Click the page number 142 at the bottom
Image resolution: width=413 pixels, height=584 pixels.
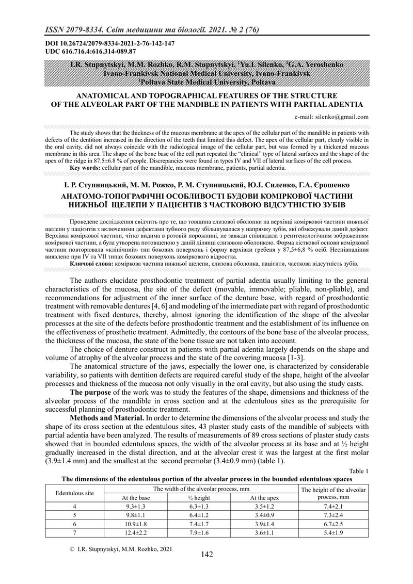point(206,555)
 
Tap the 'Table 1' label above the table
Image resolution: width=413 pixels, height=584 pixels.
point(359,471)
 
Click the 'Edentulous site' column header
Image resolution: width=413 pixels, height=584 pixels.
point(75,493)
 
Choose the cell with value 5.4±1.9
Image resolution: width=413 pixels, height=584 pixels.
point(333,532)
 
